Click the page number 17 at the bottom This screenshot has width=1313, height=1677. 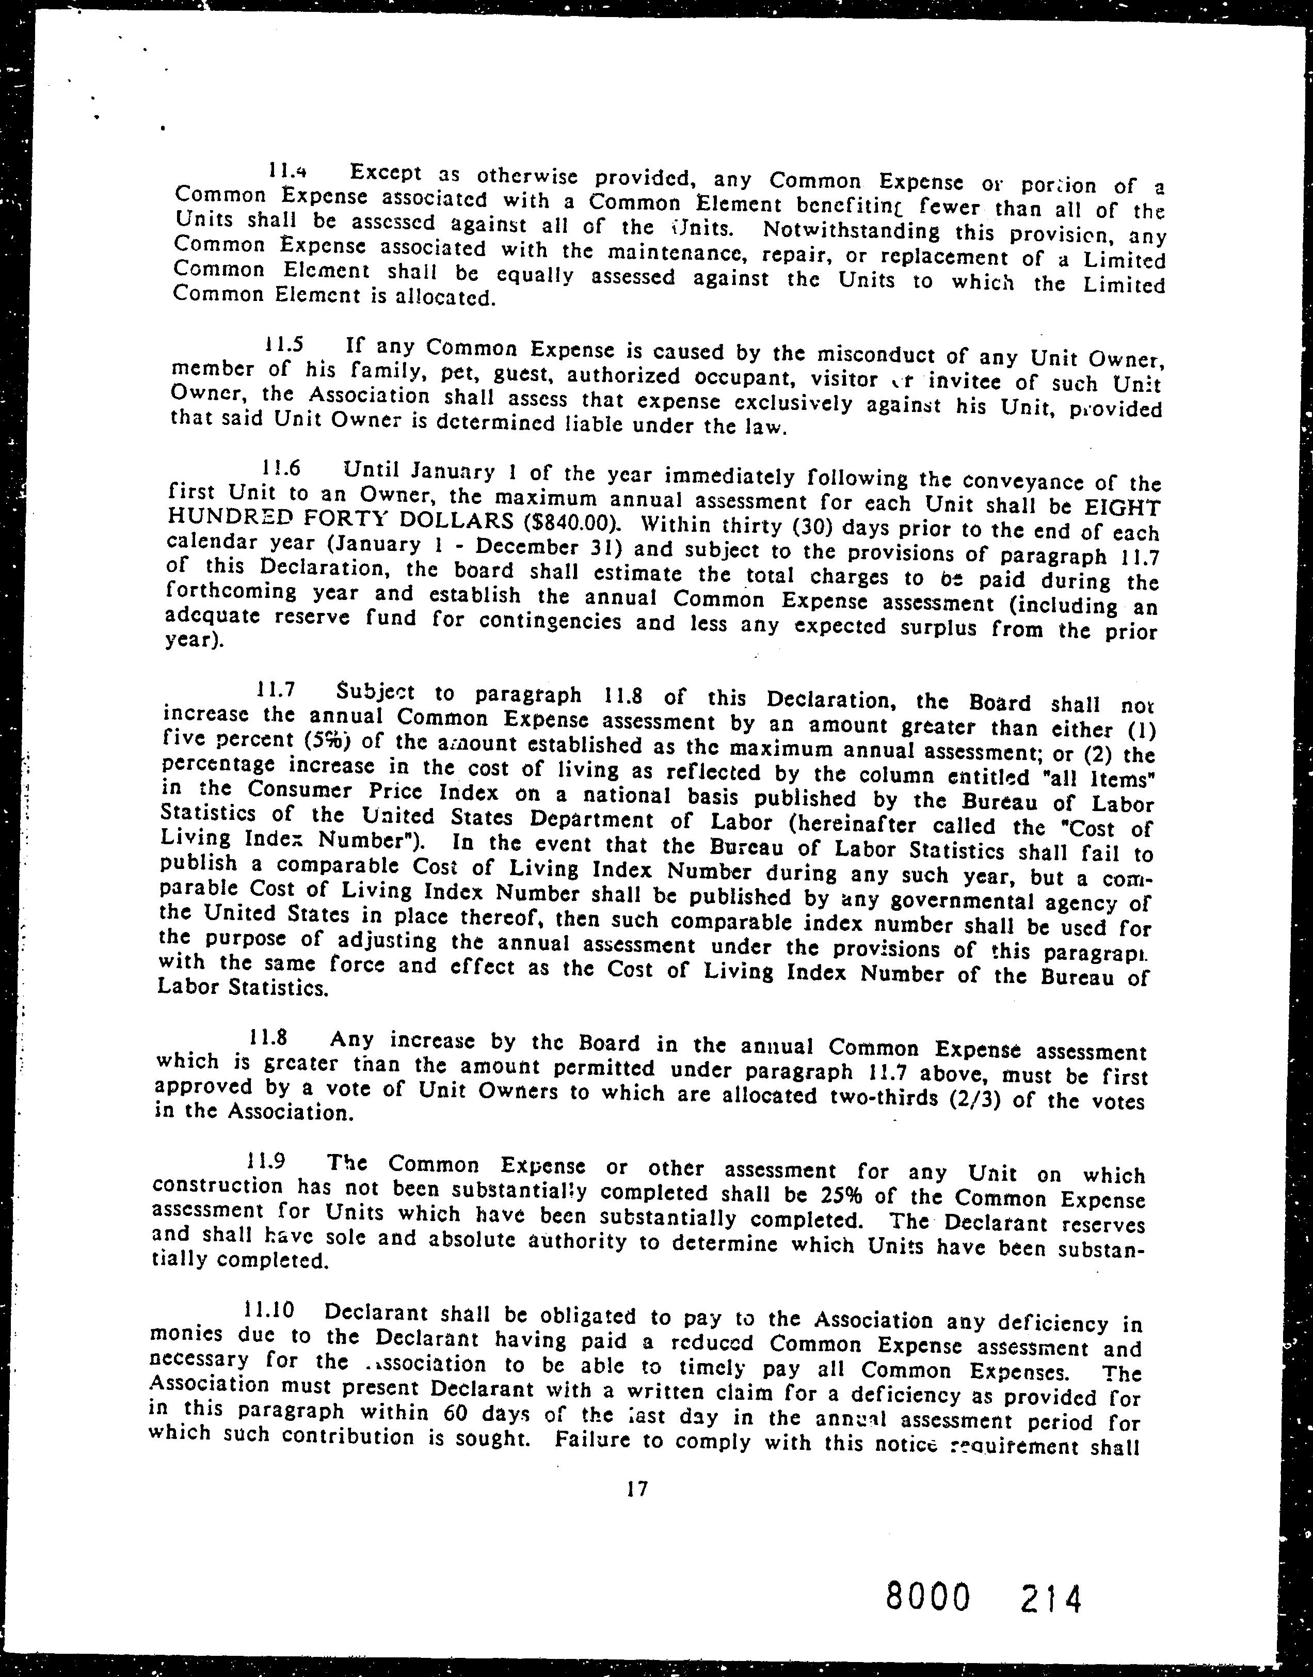637,1510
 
